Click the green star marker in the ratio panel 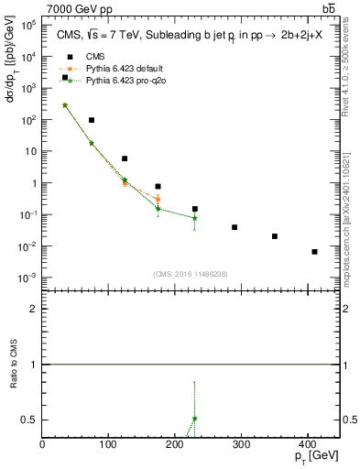point(195,418)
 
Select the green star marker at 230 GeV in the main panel point(195,218)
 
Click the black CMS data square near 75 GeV point(92,120)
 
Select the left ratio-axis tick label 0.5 point(29,420)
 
